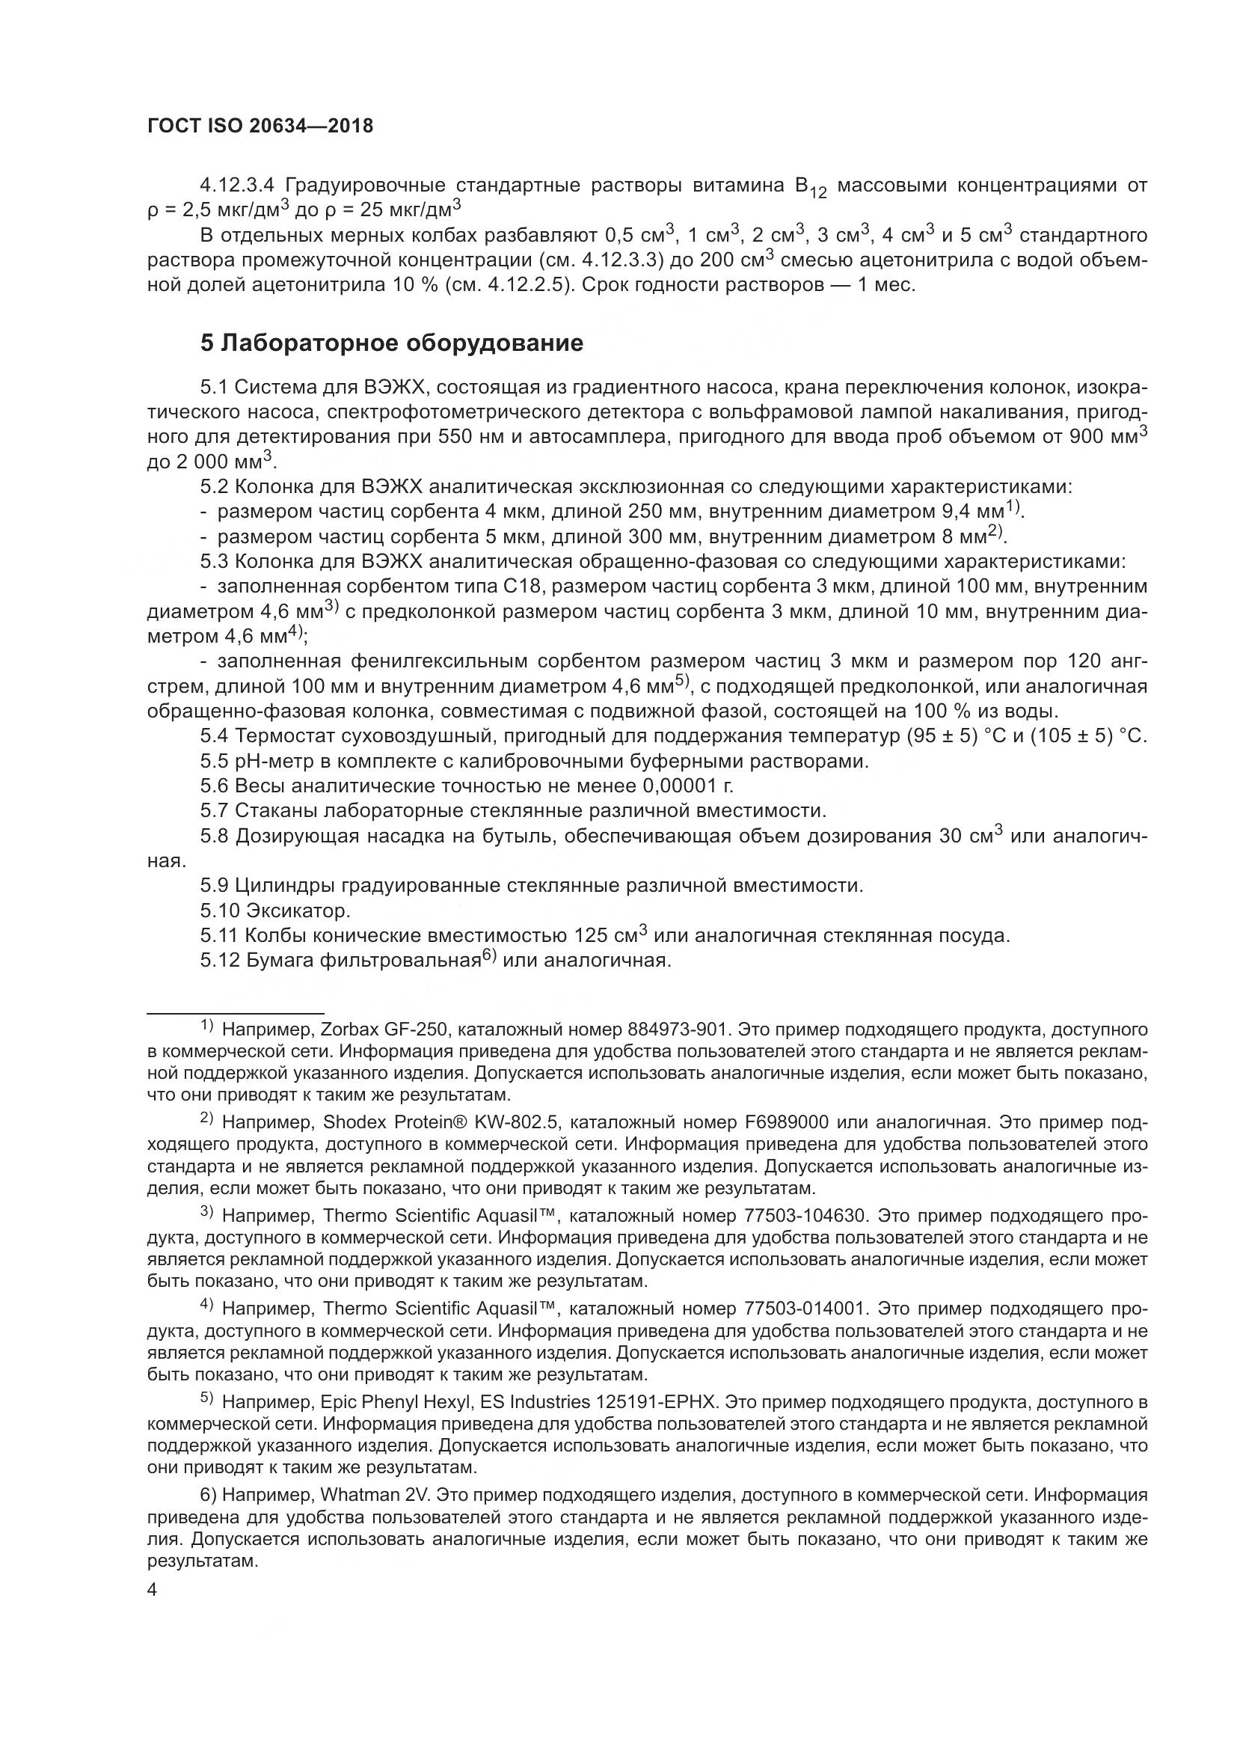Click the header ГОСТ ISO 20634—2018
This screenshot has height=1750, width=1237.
260,126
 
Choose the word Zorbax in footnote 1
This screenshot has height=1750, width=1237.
344,1030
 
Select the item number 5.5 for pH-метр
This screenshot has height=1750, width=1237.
215,761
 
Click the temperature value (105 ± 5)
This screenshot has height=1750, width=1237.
1069,736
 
